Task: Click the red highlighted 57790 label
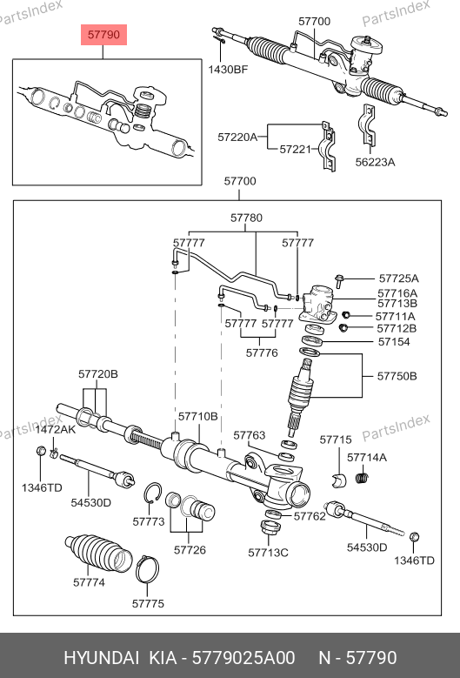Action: [103, 35]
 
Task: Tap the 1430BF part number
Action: [228, 69]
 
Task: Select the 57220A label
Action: [237, 137]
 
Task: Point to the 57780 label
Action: [246, 218]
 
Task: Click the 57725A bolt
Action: [339, 280]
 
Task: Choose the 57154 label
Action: [394, 341]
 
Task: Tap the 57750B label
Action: [397, 376]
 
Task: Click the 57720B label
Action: [98, 374]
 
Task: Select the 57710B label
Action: [198, 416]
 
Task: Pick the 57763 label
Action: [250, 435]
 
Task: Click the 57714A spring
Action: [362, 478]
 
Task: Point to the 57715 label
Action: [336, 440]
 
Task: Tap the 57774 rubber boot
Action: [98, 554]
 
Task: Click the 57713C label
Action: [268, 553]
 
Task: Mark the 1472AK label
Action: [56, 429]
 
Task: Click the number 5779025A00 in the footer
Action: [243, 658]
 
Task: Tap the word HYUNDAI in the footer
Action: [102, 658]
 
